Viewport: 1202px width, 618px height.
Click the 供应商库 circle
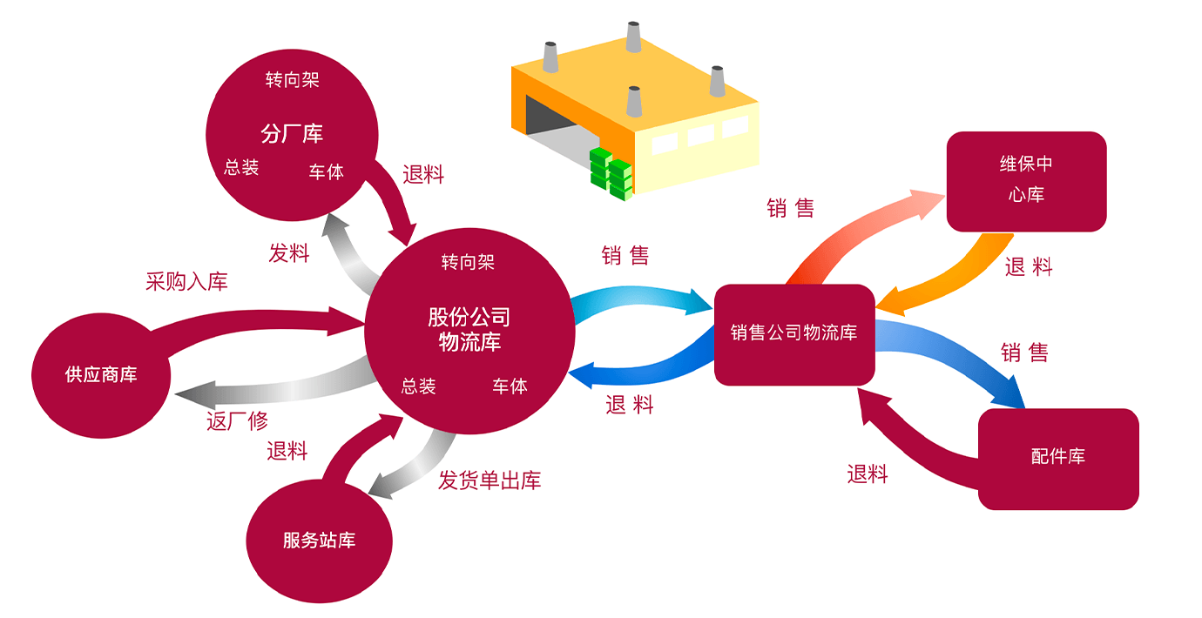[x=101, y=375]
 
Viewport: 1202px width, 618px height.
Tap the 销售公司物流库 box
[x=793, y=333]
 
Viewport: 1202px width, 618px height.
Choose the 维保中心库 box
[x=1026, y=181]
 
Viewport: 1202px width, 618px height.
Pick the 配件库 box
[x=1058, y=458]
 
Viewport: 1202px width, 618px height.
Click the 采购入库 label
[x=186, y=282]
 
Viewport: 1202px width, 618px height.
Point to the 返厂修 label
[x=237, y=421]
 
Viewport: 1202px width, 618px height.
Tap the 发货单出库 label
[x=490, y=480]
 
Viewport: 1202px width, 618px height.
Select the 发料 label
[x=289, y=254]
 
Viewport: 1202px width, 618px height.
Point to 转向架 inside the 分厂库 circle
[x=292, y=80]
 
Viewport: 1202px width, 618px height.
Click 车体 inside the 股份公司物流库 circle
[x=510, y=386]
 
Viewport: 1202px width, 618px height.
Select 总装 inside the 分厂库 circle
[x=241, y=168]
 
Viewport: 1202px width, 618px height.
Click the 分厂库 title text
[x=292, y=134]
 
